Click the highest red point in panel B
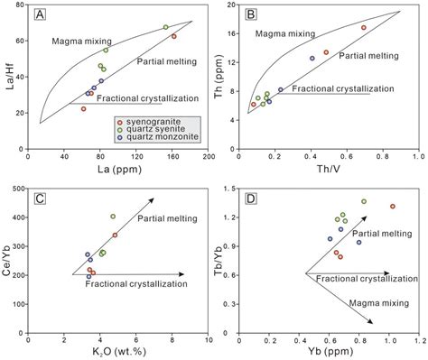(x=364, y=28)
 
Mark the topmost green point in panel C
(x=113, y=217)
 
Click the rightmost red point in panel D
(x=392, y=207)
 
